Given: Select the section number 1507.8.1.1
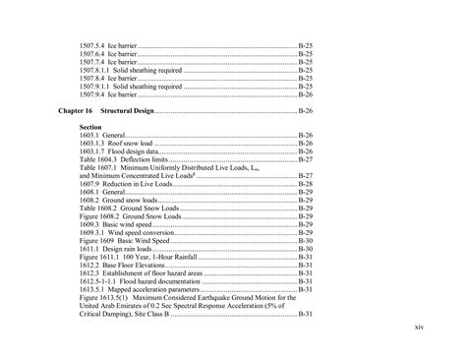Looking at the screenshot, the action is (98, 71).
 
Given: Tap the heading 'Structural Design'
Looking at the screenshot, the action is (143, 112).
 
